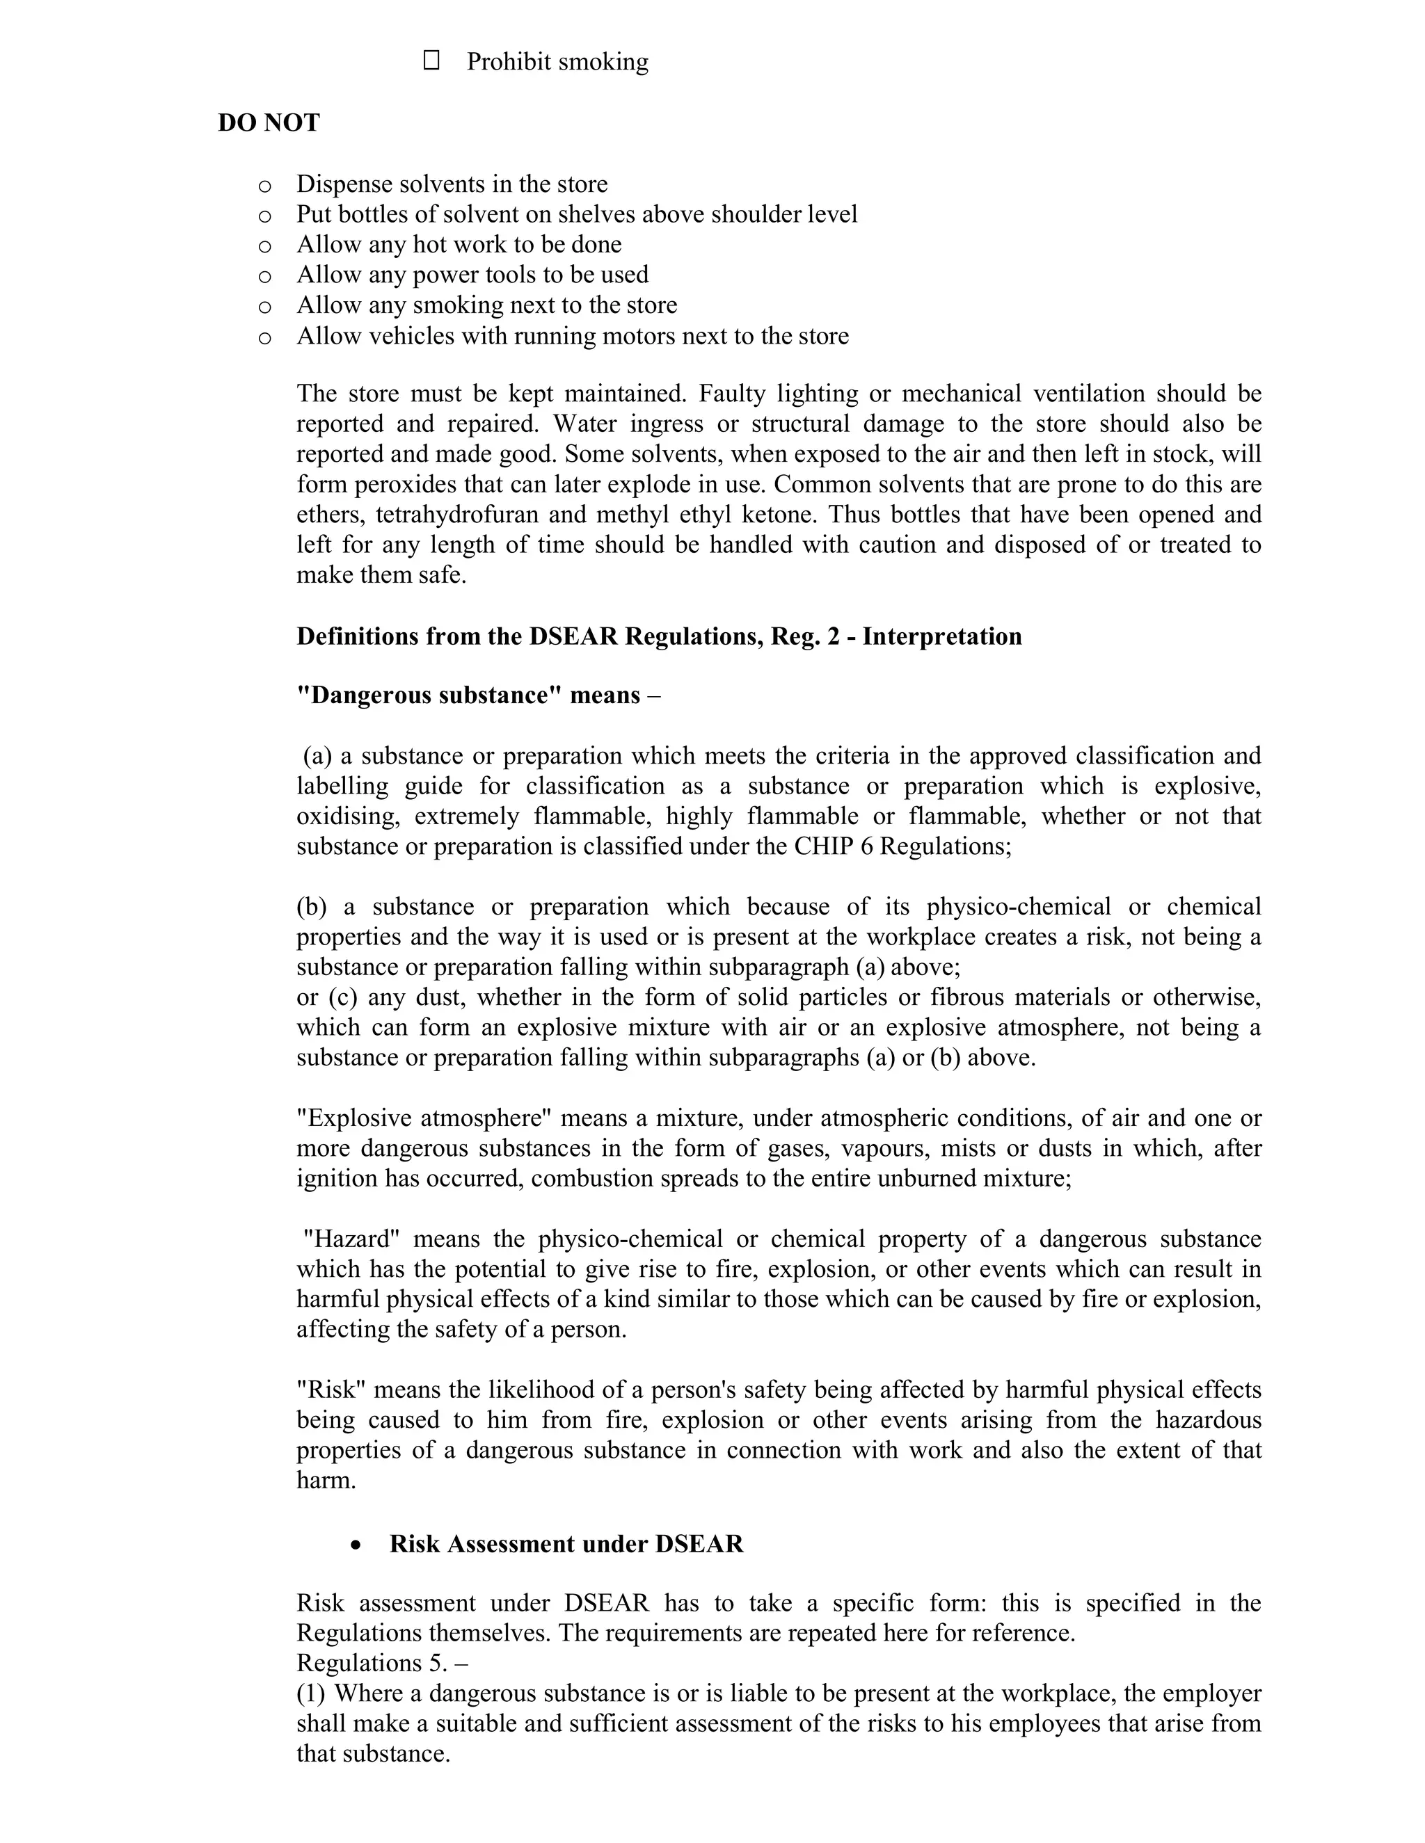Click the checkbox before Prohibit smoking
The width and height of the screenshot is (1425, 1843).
tap(431, 60)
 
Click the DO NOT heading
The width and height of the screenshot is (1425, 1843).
tap(269, 123)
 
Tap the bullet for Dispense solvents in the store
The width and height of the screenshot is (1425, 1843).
tap(264, 186)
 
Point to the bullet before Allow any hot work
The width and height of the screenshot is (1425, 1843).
tap(264, 246)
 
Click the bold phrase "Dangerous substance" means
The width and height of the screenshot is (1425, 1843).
tap(468, 695)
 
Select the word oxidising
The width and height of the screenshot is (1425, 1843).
tap(347, 816)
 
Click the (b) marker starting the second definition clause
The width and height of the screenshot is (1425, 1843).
tap(310, 907)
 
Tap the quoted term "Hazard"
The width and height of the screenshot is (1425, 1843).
tap(351, 1239)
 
